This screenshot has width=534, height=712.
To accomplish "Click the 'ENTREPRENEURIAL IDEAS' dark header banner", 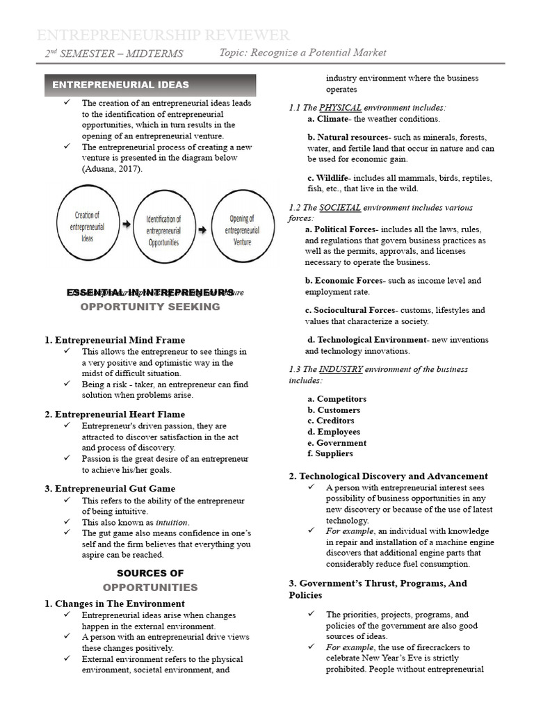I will click(151, 85).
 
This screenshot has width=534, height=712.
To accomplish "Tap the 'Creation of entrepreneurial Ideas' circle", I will click(88, 227).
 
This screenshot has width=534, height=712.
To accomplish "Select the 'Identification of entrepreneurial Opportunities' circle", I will click(163, 230).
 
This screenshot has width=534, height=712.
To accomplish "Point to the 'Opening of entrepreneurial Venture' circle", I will click(241, 229).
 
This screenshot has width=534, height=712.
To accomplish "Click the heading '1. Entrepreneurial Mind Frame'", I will click(115, 340).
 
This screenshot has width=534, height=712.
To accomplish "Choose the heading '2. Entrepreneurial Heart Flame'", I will click(115, 414).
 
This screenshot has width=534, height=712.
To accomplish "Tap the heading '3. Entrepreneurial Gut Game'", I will click(110, 489).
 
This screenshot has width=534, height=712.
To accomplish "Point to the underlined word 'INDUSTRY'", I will click(341, 369).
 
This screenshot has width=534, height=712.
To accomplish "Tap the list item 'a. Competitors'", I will click(337, 399).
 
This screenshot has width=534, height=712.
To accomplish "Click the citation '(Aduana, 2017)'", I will click(111, 169).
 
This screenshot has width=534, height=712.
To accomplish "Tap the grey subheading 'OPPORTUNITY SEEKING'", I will click(150, 307).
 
